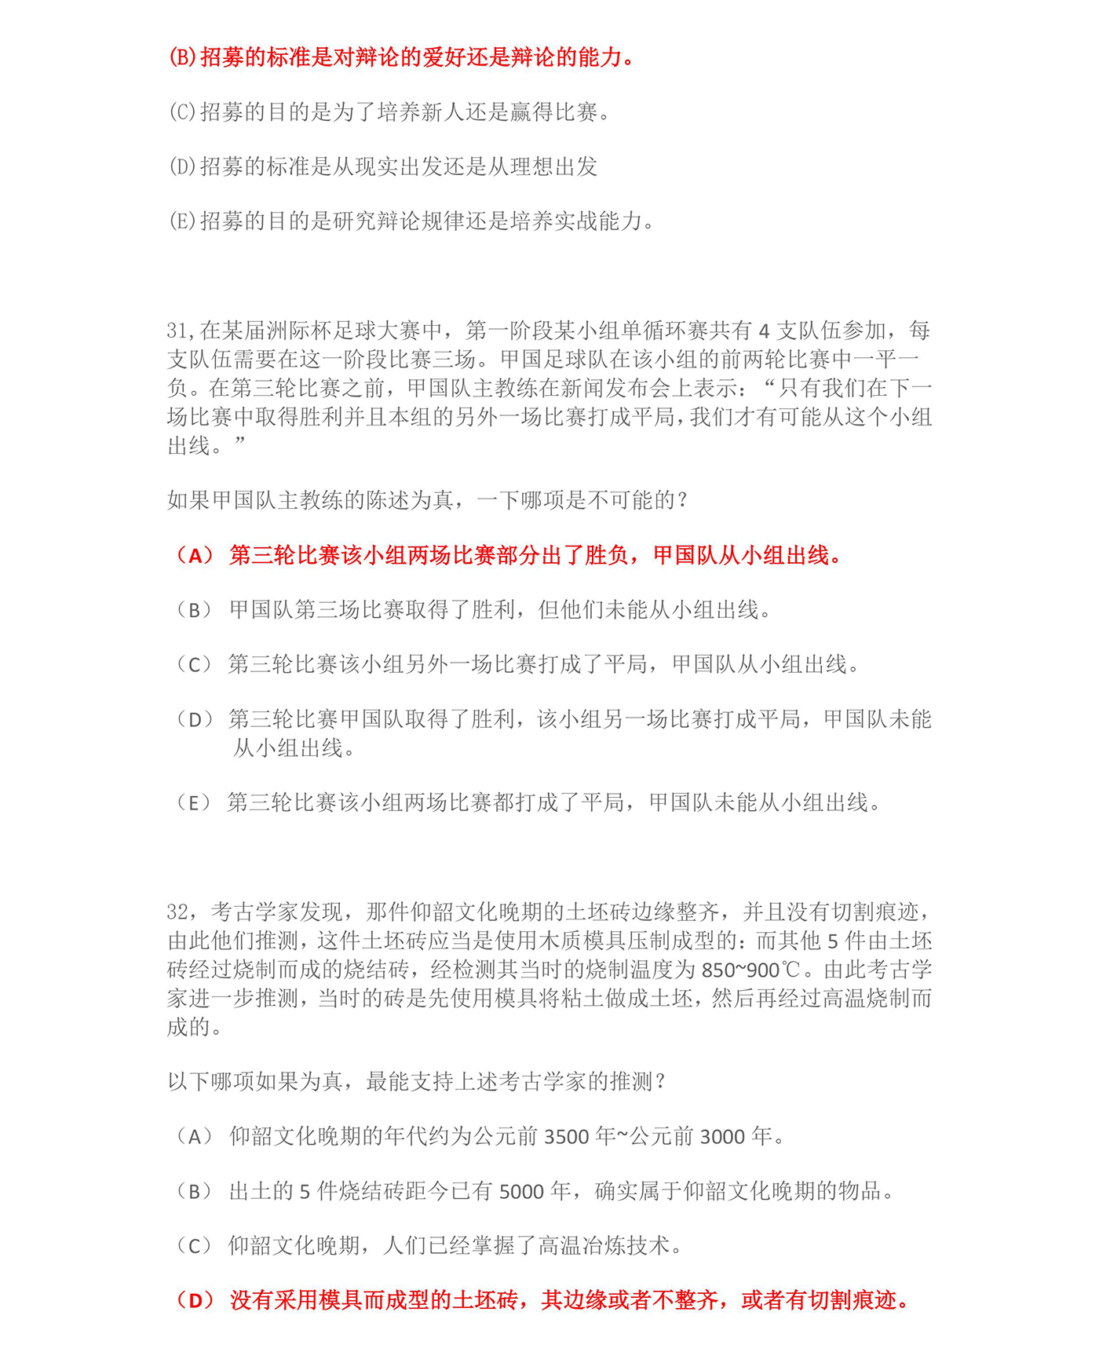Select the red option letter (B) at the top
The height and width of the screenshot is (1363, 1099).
click(183, 57)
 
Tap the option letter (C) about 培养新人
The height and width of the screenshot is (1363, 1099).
click(183, 112)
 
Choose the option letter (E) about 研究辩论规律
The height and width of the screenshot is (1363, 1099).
click(183, 221)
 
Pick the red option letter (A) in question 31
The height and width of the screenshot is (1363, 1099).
click(194, 556)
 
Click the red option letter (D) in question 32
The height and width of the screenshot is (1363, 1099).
click(195, 1301)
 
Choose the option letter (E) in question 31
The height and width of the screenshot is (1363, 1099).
click(194, 803)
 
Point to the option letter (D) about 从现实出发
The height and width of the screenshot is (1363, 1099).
click(183, 167)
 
